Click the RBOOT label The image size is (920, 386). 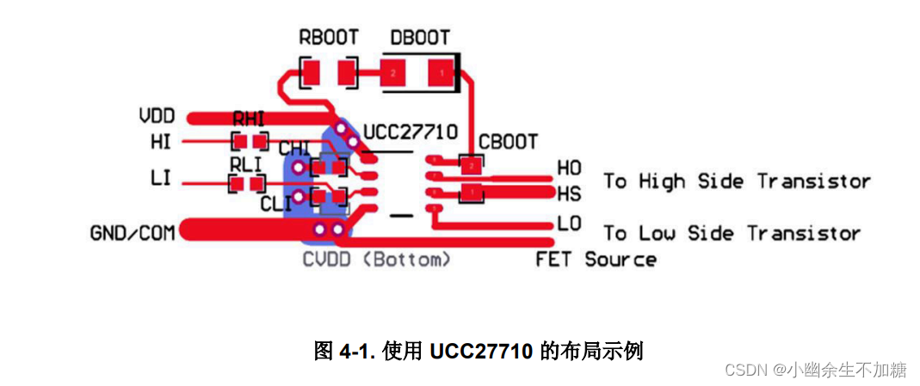pyautogui.click(x=328, y=38)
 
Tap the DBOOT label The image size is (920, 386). pyautogui.click(x=419, y=38)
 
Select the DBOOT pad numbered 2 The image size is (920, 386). pyautogui.click(x=393, y=73)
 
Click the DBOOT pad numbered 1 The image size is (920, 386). pyautogui.click(x=441, y=73)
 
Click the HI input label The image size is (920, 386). pyautogui.click(x=160, y=141)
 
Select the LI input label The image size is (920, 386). pyautogui.click(x=160, y=178)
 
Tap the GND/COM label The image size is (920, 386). pyautogui.click(x=133, y=232)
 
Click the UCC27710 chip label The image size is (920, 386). pyautogui.click(x=410, y=132)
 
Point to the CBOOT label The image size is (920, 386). pyautogui.click(x=508, y=141)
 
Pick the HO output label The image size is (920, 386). pyautogui.click(x=569, y=168)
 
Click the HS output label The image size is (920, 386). pyautogui.click(x=569, y=193)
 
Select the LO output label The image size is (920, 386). pyautogui.click(x=569, y=224)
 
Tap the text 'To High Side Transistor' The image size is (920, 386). pyautogui.click(x=737, y=181)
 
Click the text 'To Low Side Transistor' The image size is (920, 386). pyautogui.click(x=732, y=233)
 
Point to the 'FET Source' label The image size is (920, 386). pyautogui.click(x=596, y=259)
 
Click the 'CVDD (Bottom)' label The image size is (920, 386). pyautogui.click(x=376, y=259)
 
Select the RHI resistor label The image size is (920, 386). pyautogui.click(x=249, y=120)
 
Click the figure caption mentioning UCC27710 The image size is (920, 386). pyautogui.click(x=479, y=351)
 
